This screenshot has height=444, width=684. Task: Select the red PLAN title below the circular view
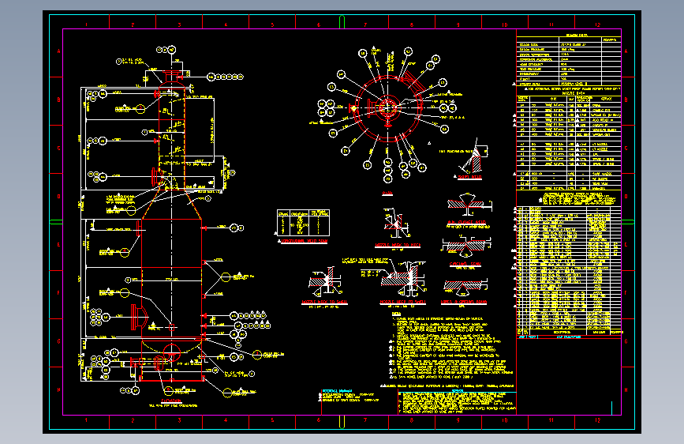pyautogui.click(x=387, y=193)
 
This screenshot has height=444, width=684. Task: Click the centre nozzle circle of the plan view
pyautogui.click(x=388, y=107)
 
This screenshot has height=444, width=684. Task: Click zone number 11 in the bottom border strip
pyautogui.click(x=551, y=425)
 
